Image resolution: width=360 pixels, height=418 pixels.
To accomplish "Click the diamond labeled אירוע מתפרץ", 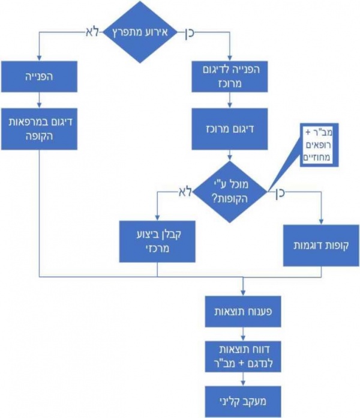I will [x=140, y=32].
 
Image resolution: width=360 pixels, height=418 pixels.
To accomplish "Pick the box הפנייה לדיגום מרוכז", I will [x=229, y=76].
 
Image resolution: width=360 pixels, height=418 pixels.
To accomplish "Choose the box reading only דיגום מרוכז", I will [x=229, y=129].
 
